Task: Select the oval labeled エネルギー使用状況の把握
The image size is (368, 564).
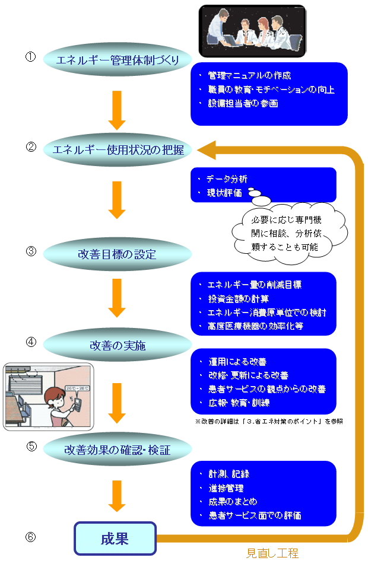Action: click(x=118, y=149)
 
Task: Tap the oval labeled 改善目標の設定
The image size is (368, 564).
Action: click(x=118, y=254)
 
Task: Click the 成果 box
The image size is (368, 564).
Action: click(x=115, y=538)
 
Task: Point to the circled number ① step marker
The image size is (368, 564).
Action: click(x=31, y=57)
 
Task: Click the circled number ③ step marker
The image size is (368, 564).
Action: click(x=31, y=251)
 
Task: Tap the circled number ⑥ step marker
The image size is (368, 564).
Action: click(x=31, y=537)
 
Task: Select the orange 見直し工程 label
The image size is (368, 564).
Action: click(x=272, y=553)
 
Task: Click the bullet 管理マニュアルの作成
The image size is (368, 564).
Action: click(x=249, y=76)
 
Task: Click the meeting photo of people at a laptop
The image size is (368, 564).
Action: click(x=252, y=31)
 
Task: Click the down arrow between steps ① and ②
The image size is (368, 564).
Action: click(x=118, y=110)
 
